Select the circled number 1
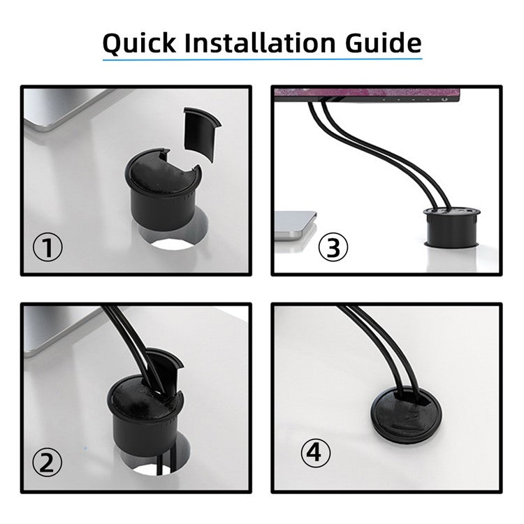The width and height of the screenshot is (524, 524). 48,247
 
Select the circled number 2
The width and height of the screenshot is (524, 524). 48,462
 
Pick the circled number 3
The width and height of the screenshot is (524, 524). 333,247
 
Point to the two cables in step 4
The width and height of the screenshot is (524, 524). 374,349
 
